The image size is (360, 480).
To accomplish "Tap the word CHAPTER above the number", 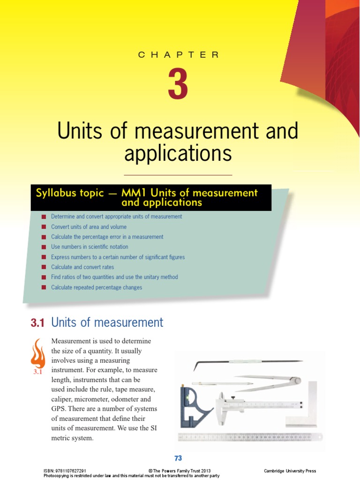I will pos(178,55).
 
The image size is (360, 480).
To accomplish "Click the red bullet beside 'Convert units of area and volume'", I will pos(44,227).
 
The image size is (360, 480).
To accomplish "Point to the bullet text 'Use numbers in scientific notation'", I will pos(90,247).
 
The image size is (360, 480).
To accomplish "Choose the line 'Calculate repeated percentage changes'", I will pos(97,287).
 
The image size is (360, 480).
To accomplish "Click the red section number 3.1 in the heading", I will pos(37,322).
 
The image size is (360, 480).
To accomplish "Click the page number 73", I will pos(178,458).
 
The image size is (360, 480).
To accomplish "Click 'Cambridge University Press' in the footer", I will pos(290,471).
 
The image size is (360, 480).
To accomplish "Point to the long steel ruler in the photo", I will pos(250,437).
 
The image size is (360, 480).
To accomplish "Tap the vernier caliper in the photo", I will pos(253,404).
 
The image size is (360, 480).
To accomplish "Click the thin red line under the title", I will pos(178,175).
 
